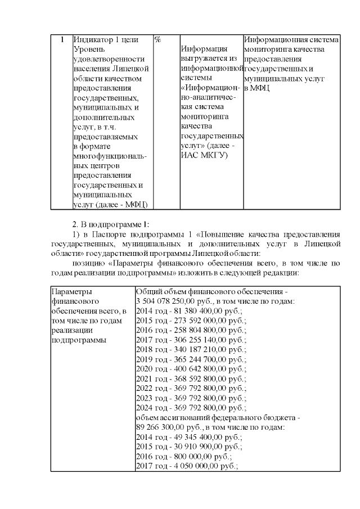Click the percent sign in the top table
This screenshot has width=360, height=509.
pyautogui.click(x=158, y=40)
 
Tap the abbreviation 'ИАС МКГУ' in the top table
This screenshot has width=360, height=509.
pyautogui.click(x=204, y=155)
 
